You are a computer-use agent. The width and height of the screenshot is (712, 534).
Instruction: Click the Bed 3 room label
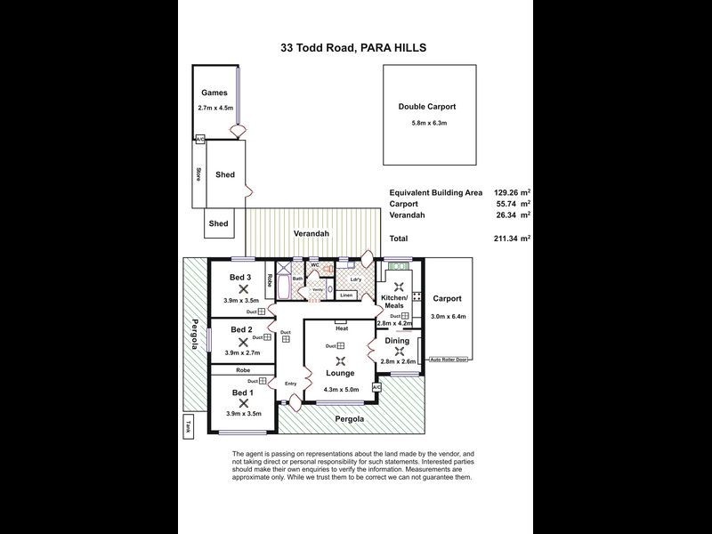(x=240, y=278)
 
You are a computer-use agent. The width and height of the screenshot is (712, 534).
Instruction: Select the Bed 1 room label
(x=242, y=392)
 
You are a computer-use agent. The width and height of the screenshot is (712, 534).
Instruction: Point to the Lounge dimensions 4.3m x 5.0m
(x=340, y=388)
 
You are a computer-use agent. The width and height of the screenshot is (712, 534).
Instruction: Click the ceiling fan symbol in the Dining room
(x=399, y=350)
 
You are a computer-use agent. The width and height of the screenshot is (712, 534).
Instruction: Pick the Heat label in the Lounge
(x=342, y=328)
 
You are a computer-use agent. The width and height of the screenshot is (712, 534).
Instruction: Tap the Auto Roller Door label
(x=448, y=360)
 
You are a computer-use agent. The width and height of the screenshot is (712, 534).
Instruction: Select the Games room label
(x=214, y=93)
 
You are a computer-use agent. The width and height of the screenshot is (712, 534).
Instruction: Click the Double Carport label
(x=421, y=107)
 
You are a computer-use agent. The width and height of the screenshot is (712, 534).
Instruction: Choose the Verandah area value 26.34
(x=506, y=214)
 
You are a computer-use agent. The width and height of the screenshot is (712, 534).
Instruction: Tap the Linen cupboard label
(x=347, y=295)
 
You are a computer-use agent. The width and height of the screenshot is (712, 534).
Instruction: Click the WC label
(x=315, y=264)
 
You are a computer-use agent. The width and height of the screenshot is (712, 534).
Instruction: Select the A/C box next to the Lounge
(x=376, y=387)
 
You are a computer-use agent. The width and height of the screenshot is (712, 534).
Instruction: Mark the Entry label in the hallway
(x=290, y=384)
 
